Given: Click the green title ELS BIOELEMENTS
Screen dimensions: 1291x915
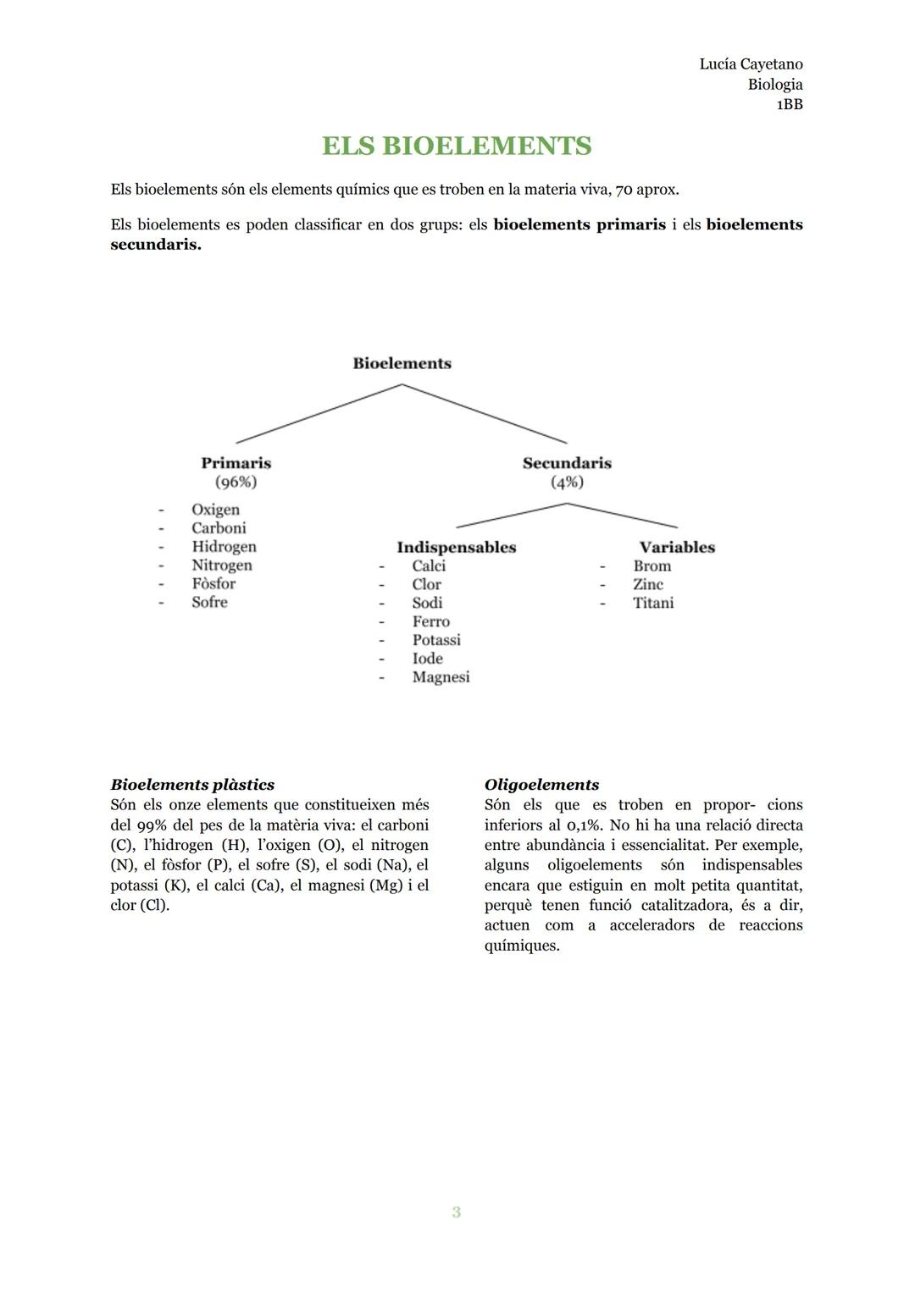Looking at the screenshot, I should (457, 146).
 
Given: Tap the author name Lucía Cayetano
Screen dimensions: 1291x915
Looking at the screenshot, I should (751, 64).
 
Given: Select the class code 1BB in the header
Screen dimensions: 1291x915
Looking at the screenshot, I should (789, 105).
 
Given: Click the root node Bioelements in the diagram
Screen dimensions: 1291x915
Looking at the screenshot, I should (402, 363).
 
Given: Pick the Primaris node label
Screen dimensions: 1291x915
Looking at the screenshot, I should (236, 463).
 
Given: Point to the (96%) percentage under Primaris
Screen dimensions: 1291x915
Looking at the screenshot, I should (236, 482).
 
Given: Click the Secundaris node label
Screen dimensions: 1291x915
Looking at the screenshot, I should (567, 463).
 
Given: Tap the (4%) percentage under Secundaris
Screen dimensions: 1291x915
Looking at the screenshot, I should (567, 482).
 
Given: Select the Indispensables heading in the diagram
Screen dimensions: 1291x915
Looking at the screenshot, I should (456, 547).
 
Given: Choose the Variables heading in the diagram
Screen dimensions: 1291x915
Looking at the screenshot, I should (677, 547).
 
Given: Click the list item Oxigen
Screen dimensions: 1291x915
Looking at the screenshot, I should (215, 510).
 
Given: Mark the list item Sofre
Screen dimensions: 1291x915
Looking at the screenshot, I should (209, 602).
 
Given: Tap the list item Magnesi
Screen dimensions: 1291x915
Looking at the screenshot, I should (441, 677).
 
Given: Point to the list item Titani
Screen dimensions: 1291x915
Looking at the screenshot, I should (653, 603).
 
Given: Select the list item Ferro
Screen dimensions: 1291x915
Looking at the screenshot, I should (430, 621).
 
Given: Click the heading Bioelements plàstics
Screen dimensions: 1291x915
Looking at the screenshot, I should (192, 785).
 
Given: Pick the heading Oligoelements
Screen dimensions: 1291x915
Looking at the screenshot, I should (541, 785).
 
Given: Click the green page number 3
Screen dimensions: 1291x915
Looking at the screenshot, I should (457, 1212).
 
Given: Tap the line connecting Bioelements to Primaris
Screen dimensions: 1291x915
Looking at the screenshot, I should (319, 413).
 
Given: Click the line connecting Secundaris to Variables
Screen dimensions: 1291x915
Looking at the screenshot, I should (623, 516).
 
